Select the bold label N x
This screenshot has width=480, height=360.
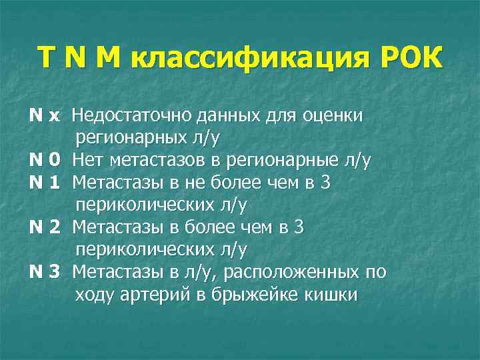pos(45,116)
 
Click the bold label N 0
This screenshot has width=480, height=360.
pos(46,161)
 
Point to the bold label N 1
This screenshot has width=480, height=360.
pos(45,183)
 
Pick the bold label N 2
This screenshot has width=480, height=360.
pos(45,227)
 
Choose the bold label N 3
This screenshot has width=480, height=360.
pos(45,272)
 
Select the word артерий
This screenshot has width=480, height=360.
pos(165,295)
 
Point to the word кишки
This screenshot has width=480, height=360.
pos(331,295)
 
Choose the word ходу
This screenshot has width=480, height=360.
pos(95,295)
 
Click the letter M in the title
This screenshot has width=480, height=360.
pos(107,57)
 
